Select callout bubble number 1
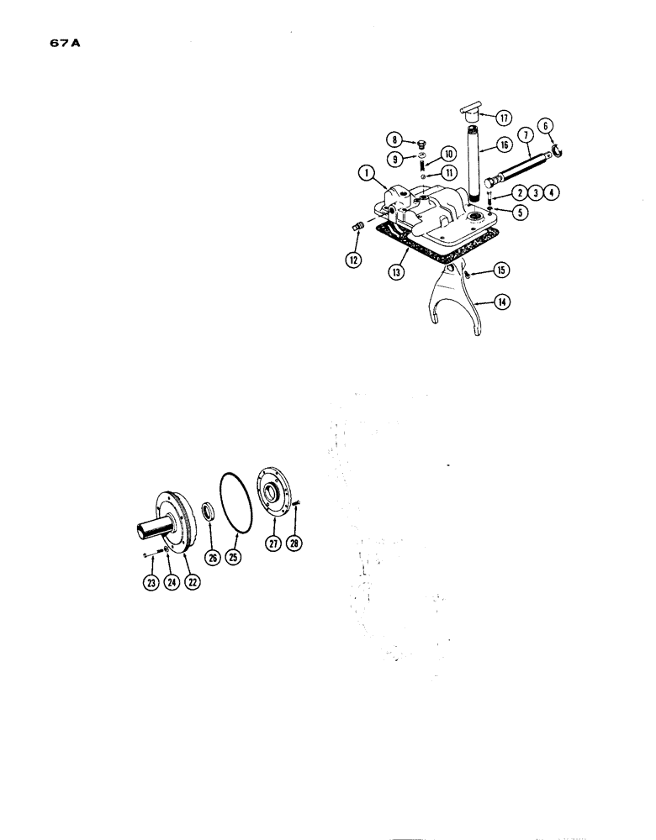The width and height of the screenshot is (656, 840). pos(366,174)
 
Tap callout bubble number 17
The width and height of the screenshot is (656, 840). pos(504,116)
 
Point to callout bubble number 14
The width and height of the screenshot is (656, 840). pos(503,301)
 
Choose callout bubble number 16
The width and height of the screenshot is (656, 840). pos(504,145)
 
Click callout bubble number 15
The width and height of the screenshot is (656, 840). pos(501,270)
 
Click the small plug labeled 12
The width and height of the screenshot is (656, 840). pos(354,226)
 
